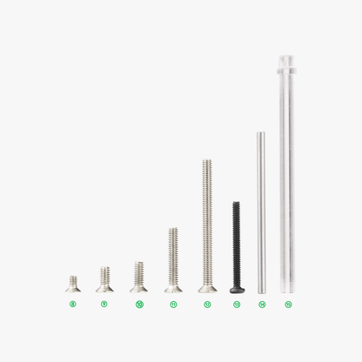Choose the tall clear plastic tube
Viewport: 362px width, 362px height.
(x=287, y=174)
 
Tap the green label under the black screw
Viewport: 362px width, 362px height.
(x=236, y=305)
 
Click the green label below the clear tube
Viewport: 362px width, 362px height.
(x=288, y=305)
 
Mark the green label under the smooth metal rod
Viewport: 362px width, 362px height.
(x=262, y=305)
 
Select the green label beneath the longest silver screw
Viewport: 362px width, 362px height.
(x=207, y=305)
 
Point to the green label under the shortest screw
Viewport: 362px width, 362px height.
(x=72, y=305)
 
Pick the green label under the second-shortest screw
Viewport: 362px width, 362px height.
(x=104, y=305)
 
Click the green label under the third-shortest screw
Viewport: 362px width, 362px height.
(x=138, y=305)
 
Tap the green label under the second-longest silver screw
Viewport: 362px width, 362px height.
(x=173, y=305)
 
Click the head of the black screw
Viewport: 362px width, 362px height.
(x=236, y=288)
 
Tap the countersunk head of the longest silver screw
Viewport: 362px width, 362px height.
(x=207, y=287)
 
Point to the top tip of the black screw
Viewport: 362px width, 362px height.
(x=236, y=204)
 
